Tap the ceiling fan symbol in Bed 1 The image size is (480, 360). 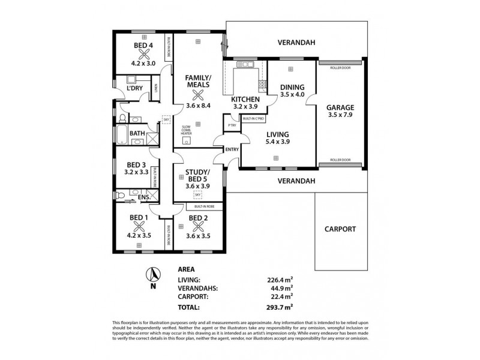click(139, 226)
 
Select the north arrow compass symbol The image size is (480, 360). click(154, 275)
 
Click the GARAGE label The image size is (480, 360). click(340, 108)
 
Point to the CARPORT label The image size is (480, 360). click(340, 229)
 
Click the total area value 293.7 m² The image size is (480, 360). click(280, 307)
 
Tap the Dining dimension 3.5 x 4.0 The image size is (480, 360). click(293, 94)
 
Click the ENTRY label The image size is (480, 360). click(232, 150)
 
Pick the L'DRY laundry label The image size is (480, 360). click(133, 89)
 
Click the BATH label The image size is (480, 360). click(137, 133)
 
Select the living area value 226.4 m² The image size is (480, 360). click(280, 279)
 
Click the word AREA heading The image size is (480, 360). click(187, 269)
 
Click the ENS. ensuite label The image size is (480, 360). click(144, 197)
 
